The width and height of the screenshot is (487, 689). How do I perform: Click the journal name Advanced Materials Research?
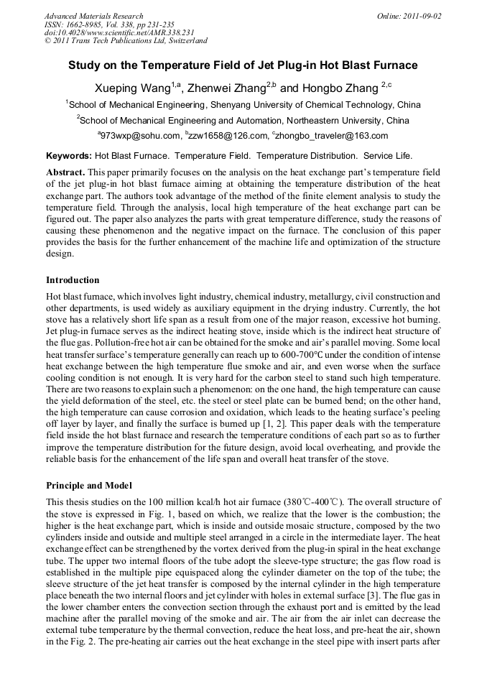(93, 16)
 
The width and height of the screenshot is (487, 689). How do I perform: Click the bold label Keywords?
(69, 155)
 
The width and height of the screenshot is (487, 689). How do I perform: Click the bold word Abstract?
(66, 172)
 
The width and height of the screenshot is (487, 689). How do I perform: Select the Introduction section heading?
(73, 279)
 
